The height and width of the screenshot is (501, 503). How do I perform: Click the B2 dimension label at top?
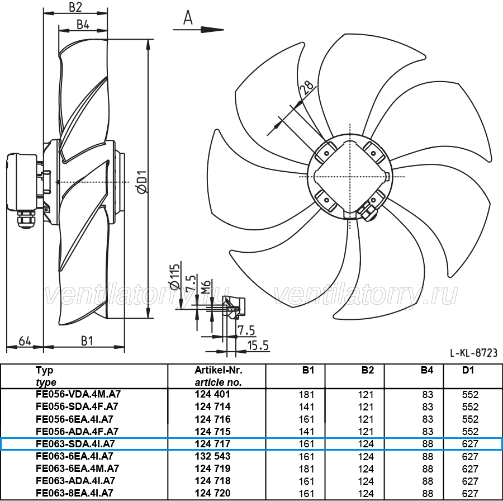click(75, 7)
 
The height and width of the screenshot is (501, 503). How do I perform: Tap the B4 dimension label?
click(83, 24)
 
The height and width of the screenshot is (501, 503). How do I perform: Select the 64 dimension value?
click(25, 341)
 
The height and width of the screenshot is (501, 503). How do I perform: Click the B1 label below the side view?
click(87, 341)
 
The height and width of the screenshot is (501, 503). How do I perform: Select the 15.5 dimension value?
click(258, 346)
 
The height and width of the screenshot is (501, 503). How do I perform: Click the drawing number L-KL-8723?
click(473, 353)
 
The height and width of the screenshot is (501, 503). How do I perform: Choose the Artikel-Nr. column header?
click(219, 370)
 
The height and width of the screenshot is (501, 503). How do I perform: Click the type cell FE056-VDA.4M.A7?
click(78, 394)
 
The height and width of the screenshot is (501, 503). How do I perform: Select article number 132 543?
click(213, 456)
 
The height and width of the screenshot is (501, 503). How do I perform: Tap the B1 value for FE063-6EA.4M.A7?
click(306, 469)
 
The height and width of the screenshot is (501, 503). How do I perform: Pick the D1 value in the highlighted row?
click(470, 444)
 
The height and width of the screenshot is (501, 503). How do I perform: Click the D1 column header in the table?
click(468, 370)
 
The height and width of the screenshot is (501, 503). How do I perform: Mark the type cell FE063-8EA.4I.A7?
click(75, 493)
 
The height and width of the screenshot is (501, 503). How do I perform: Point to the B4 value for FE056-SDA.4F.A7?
click(428, 407)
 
